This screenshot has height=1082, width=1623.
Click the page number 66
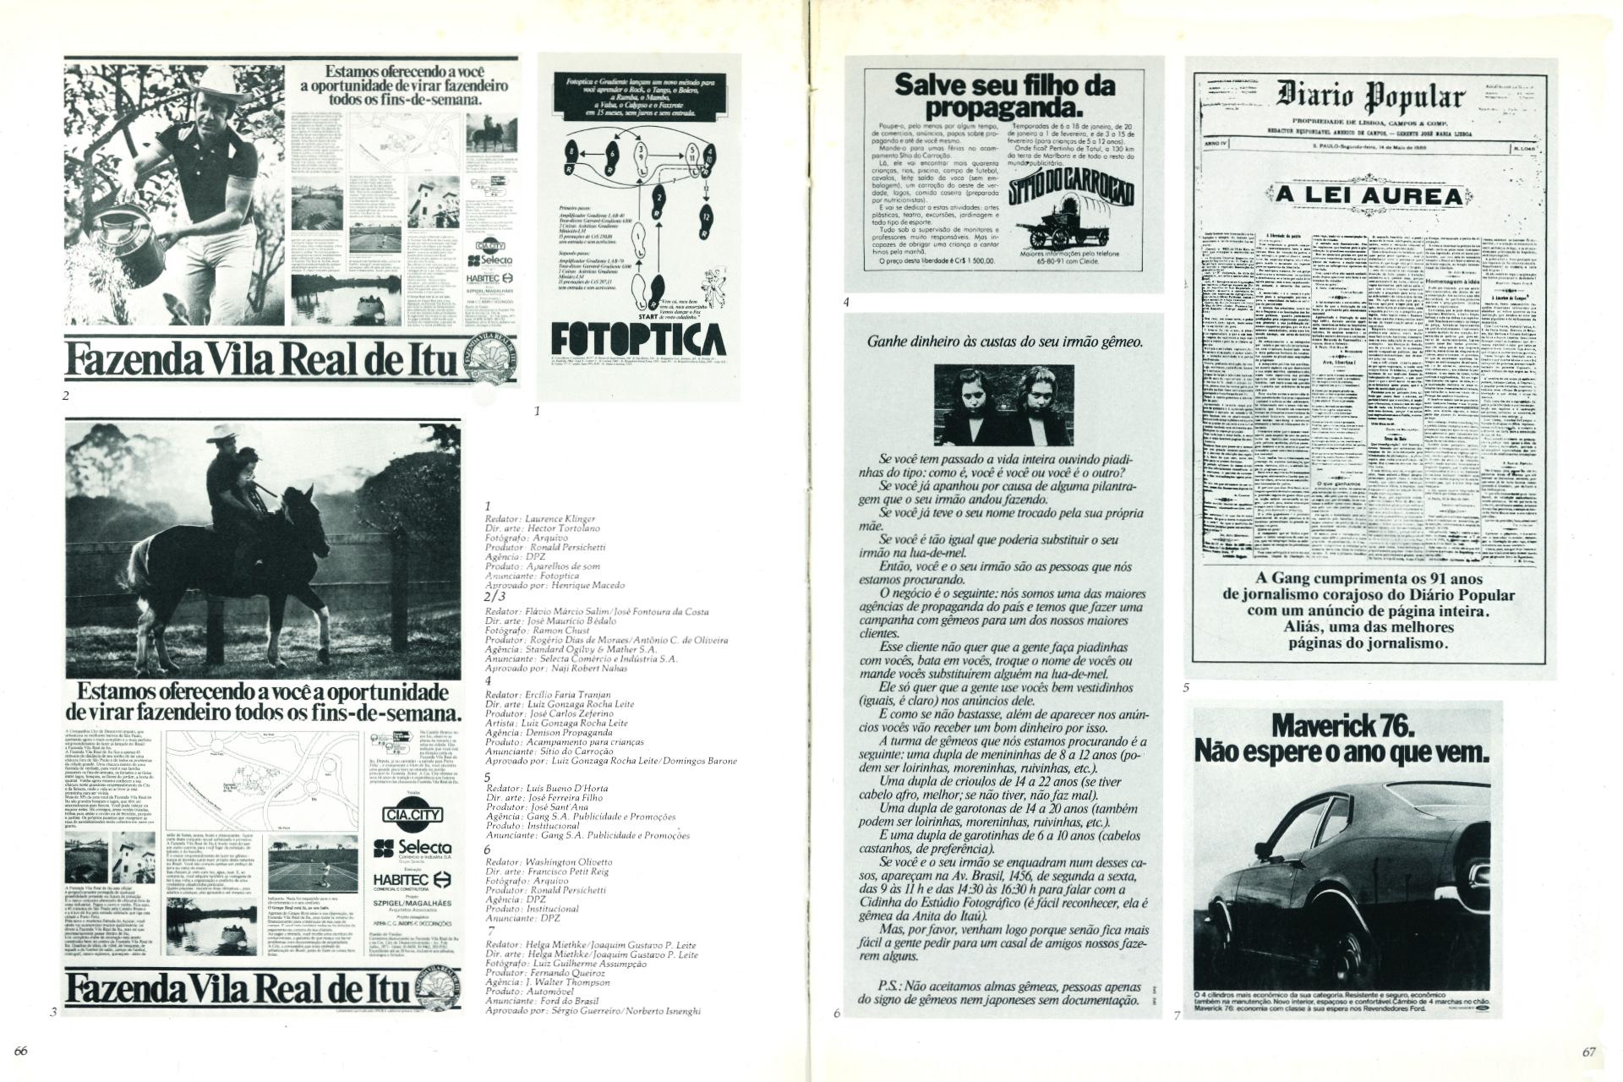(22, 1052)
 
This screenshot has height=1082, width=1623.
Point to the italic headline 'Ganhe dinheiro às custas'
(1005, 366)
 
